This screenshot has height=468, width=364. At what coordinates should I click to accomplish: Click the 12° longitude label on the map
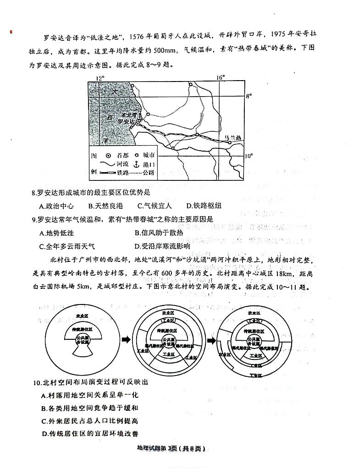pos(100,78)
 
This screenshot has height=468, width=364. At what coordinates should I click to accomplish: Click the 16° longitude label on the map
pos(221,77)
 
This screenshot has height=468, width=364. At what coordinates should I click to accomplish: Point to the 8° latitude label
pos(249,96)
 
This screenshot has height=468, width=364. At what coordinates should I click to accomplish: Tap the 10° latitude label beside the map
pos(248,156)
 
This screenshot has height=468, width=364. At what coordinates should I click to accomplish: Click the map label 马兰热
pos(233,137)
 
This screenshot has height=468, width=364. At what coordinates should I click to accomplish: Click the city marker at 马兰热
pos(230,142)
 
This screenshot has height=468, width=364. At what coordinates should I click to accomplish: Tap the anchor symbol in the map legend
pos(136,164)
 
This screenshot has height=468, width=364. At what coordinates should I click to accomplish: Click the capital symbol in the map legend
pos(109,156)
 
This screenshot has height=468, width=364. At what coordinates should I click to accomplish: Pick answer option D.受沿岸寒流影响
pos(162,246)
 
